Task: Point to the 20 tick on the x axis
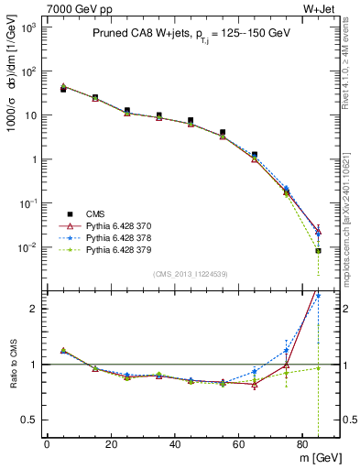pyautogui.click(x=110, y=443)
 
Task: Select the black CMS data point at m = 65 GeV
pyautogui.click(x=255, y=155)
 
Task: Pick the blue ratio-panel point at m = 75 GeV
pyautogui.click(x=286, y=350)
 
